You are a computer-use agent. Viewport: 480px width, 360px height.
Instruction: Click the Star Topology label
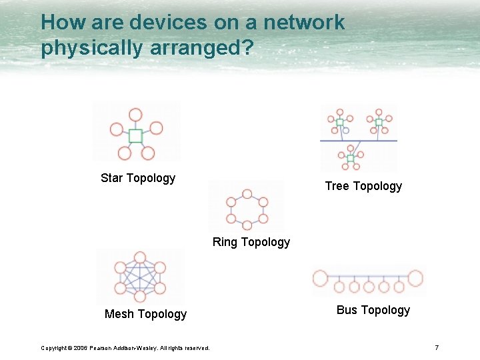(x=138, y=178)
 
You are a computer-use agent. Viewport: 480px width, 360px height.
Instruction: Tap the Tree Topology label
(x=363, y=186)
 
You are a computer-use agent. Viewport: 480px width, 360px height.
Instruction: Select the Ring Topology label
(x=251, y=242)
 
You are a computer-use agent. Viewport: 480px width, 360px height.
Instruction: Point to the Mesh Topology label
(x=145, y=314)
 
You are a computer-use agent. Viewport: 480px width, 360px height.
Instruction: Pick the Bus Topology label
(x=373, y=310)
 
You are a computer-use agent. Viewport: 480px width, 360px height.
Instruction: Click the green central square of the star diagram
(x=136, y=136)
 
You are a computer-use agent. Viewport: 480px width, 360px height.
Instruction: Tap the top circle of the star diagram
(x=136, y=115)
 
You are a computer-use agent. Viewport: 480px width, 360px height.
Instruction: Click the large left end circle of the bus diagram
(x=321, y=278)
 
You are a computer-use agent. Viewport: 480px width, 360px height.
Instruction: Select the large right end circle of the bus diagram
(x=415, y=278)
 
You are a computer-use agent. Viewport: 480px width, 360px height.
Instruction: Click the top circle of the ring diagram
(x=247, y=194)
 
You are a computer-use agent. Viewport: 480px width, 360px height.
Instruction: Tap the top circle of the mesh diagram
(x=140, y=257)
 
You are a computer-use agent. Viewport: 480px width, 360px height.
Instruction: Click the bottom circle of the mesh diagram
(x=140, y=297)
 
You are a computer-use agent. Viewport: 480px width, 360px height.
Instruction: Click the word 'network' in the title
(x=304, y=22)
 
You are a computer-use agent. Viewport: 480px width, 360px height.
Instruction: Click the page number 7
(x=437, y=347)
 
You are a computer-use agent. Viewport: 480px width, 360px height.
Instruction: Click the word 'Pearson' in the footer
(x=105, y=348)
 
